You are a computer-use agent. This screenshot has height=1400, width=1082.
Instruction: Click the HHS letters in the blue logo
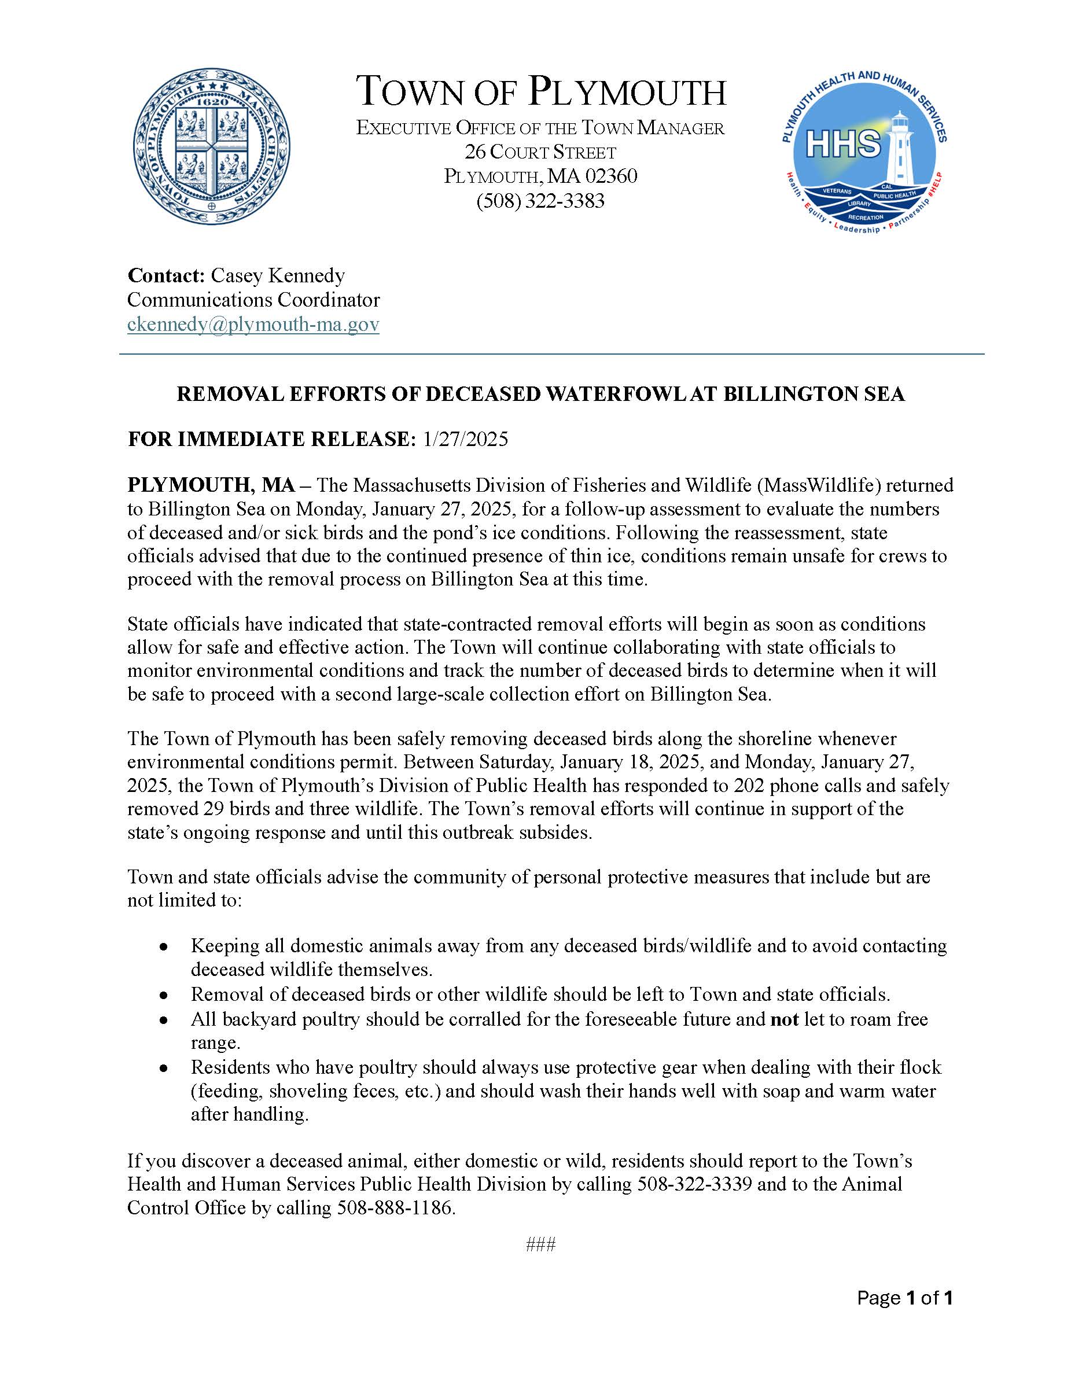[842, 143]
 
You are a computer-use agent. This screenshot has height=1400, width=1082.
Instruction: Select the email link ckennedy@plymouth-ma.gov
[253, 325]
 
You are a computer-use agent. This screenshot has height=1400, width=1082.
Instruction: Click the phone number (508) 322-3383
[540, 201]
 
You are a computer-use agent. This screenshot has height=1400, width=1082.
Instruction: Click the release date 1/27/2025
[465, 439]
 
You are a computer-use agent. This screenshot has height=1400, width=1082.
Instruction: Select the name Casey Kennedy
[278, 275]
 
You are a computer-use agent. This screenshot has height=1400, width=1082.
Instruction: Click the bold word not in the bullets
[784, 1019]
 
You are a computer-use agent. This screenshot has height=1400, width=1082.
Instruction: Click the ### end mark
[540, 1245]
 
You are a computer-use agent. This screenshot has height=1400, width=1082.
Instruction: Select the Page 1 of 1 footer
[904, 1299]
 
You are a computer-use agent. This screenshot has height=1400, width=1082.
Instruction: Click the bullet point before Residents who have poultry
[165, 1068]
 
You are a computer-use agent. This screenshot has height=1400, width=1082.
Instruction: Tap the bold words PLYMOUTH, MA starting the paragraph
[211, 485]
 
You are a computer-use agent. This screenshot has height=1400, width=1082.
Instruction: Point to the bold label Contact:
[165, 275]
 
